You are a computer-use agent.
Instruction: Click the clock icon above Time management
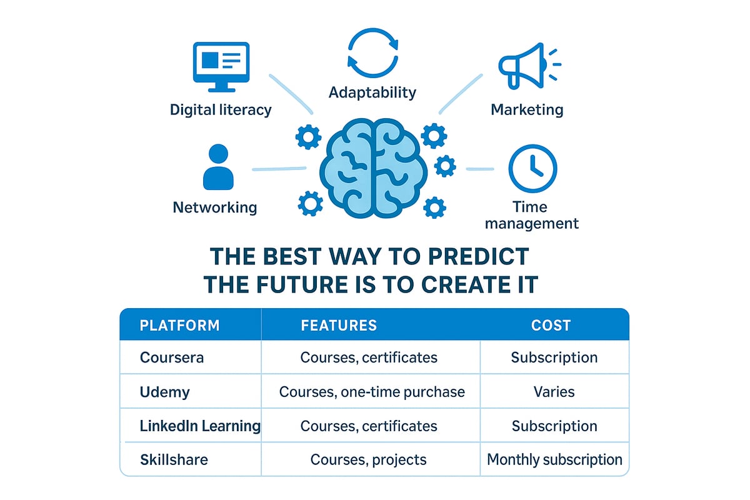tap(532, 169)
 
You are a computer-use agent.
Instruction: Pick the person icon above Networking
tap(217, 167)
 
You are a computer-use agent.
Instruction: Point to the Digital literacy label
tap(221, 110)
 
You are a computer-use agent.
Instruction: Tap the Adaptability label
tap(372, 92)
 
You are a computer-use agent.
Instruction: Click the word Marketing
tap(527, 110)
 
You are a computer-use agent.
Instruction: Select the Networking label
tap(215, 207)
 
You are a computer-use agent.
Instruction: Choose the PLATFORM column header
tap(179, 326)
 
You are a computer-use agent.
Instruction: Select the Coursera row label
tap(172, 357)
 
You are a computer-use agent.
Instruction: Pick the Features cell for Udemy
tap(372, 392)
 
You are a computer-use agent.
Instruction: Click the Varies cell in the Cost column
tap(554, 392)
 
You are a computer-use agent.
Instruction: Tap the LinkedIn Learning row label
tap(200, 426)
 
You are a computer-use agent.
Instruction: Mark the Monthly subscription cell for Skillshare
tap(554, 460)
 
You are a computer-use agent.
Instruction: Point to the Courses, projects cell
tap(369, 460)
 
